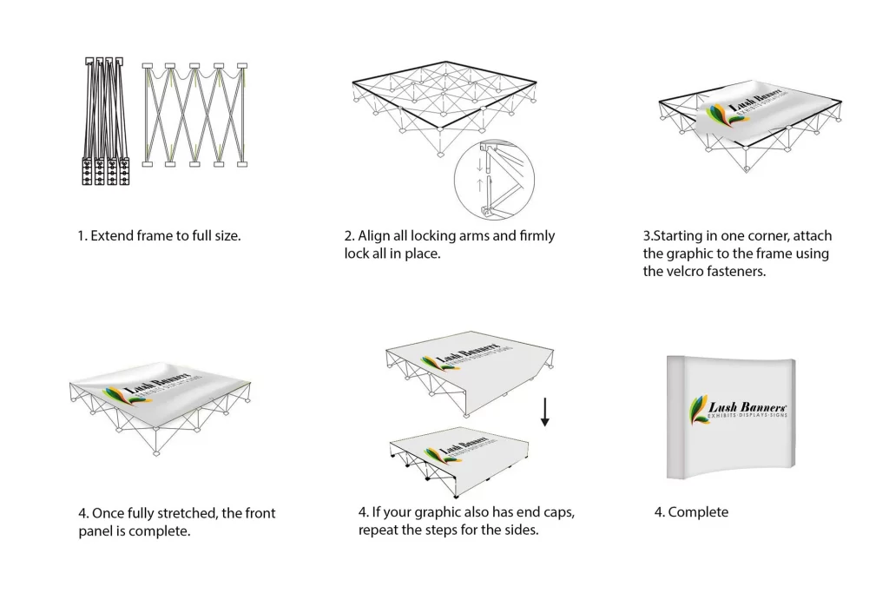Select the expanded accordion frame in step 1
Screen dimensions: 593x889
pos(196,115)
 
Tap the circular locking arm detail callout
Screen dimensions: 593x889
pos(494,181)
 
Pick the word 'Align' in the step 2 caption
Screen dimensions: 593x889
pos(376,235)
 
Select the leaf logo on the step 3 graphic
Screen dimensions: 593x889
pos(718,116)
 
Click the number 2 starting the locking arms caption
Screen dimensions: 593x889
pos(348,235)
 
